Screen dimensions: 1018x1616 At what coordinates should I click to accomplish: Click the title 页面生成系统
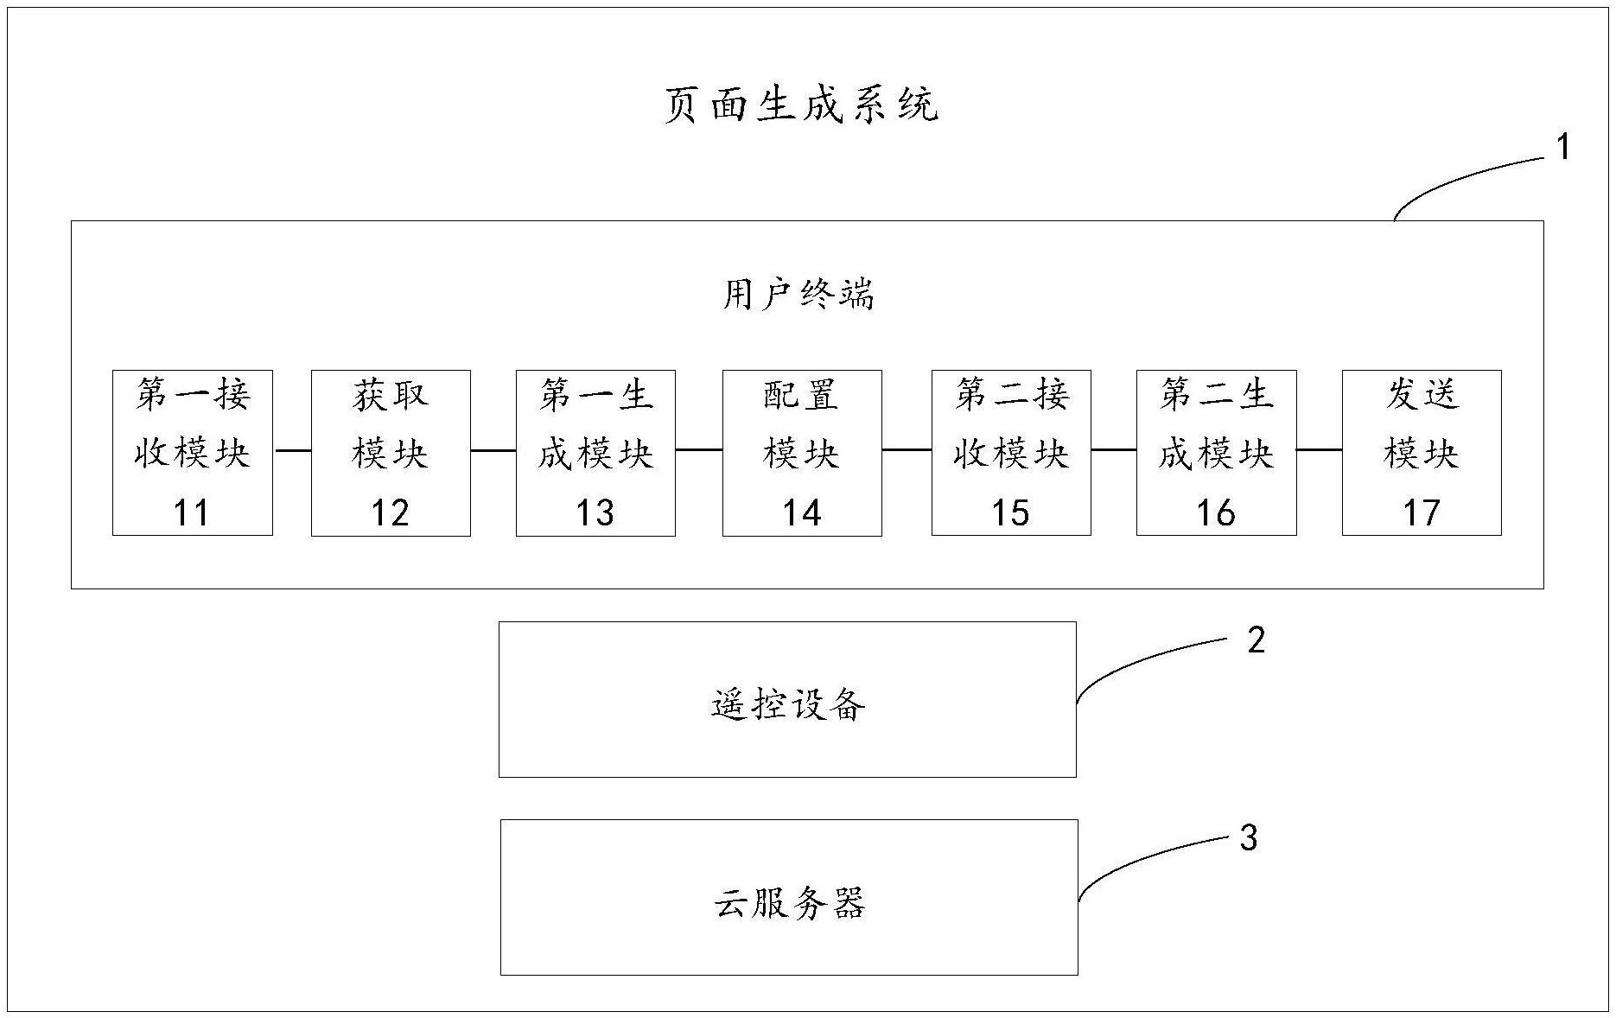click(800, 105)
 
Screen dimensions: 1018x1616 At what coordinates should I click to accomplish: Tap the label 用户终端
click(798, 295)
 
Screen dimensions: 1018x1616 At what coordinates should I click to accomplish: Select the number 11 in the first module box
click(192, 513)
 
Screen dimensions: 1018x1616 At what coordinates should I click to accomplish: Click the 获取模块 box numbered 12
click(391, 452)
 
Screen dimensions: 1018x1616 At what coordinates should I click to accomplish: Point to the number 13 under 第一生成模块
click(595, 513)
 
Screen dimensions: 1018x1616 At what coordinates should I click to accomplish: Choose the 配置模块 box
click(801, 452)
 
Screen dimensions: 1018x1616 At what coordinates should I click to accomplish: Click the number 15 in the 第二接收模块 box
click(1010, 513)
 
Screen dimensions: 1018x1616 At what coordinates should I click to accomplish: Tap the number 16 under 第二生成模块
click(1215, 513)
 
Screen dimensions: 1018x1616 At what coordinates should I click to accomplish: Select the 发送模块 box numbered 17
click(1421, 452)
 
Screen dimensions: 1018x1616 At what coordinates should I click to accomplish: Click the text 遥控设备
click(787, 705)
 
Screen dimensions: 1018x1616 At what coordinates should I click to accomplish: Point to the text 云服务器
click(789, 904)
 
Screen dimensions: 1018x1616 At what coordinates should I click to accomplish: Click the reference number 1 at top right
click(1562, 148)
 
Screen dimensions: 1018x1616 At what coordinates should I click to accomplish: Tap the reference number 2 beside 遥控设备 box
click(1256, 640)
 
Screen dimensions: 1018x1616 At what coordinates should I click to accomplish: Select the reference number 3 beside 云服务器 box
click(1249, 837)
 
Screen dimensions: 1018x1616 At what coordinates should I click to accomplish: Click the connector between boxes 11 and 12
click(292, 450)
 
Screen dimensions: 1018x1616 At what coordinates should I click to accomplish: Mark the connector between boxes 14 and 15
click(907, 450)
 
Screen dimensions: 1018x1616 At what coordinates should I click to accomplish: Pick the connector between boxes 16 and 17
click(1319, 450)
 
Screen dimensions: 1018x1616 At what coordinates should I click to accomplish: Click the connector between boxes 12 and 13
click(493, 450)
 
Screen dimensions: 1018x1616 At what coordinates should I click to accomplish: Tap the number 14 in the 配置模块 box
click(801, 513)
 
